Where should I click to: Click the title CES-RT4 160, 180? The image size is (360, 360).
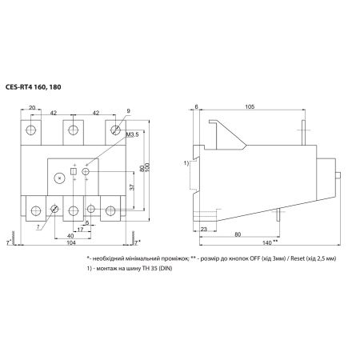pos(33,87)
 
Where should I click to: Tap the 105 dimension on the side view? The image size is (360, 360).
pos(250,106)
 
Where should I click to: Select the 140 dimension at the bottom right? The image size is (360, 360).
pos(267,242)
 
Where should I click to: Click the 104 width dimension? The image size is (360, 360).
pos(71,242)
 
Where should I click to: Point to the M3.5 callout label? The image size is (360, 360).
pos(133,134)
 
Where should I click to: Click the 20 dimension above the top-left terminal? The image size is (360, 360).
pos(32,108)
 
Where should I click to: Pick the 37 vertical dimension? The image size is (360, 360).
pos(132,187)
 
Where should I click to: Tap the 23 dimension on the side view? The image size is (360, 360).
pos(204,229)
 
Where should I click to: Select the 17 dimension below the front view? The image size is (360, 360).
pos(80,229)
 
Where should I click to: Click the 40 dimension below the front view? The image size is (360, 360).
pos(70,236)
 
